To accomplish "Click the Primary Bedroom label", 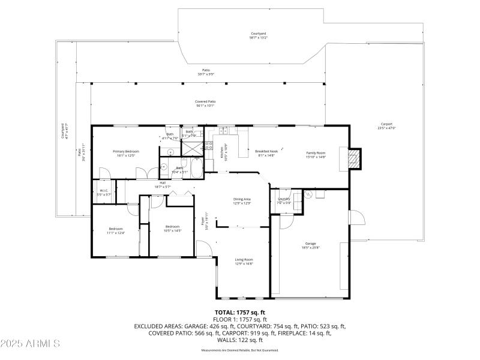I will point(126,153).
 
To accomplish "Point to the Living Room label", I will point(244,261).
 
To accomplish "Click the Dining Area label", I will point(242,200).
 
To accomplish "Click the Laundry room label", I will point(284,200).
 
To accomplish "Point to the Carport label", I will point(386,125).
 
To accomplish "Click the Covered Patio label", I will point(205,103).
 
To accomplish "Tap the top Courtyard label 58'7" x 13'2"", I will point(259,35).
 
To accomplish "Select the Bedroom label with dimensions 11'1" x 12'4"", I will point(116,230).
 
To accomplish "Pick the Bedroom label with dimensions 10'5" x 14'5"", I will point(172,228).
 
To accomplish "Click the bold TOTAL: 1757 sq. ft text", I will point(239,313).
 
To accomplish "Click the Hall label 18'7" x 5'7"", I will point(163,184).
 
